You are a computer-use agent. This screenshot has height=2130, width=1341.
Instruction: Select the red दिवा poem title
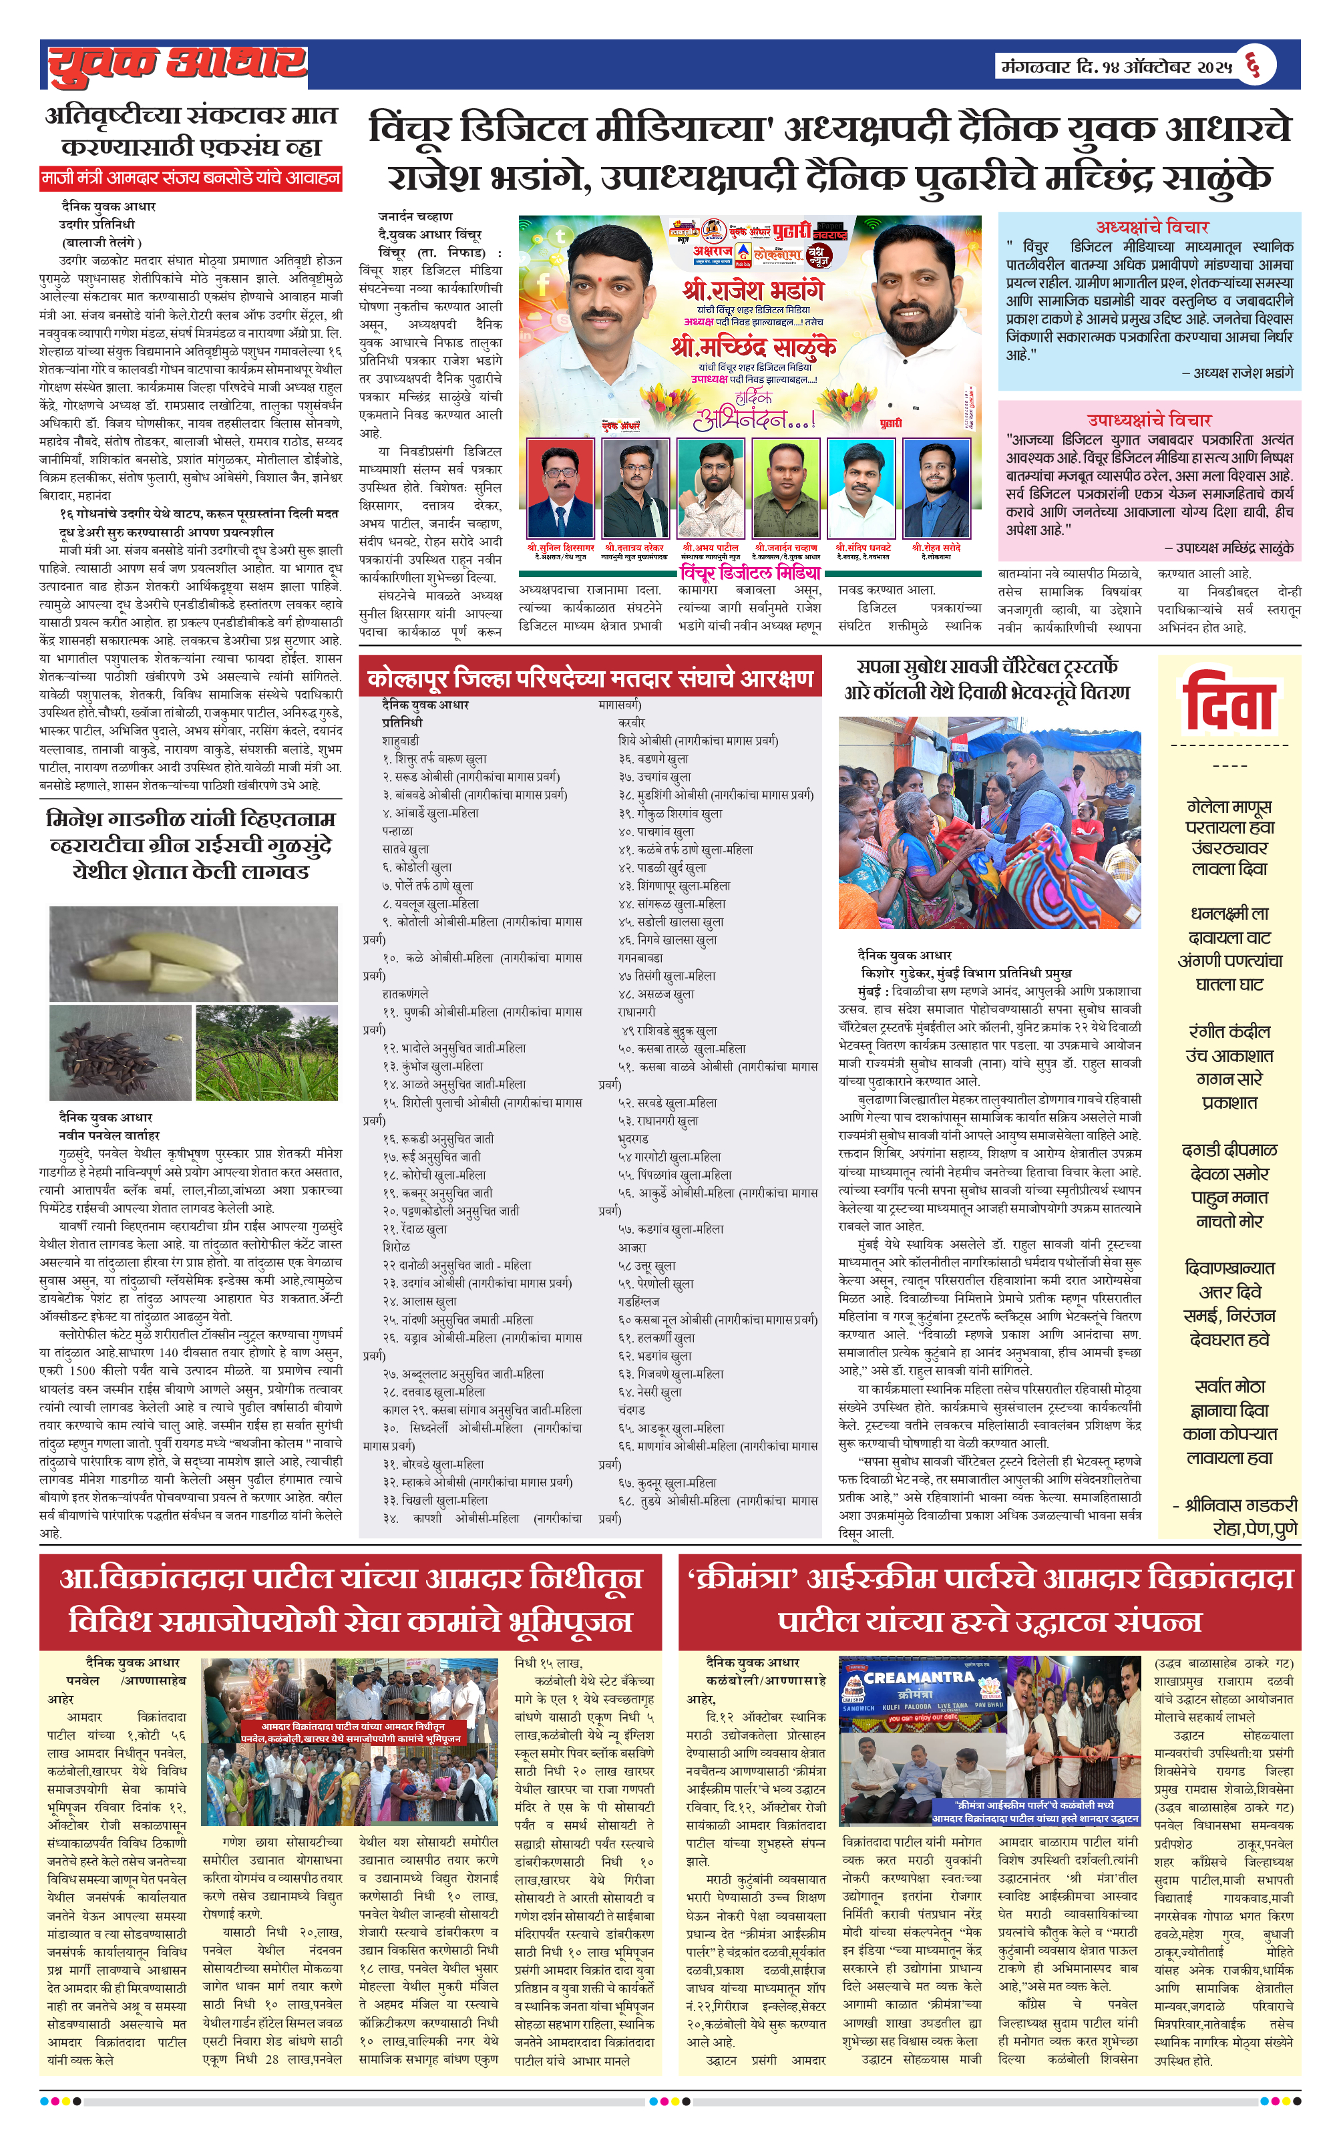[x=1229, y=704]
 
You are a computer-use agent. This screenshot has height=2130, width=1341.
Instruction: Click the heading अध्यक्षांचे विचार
[x=1152, y=226]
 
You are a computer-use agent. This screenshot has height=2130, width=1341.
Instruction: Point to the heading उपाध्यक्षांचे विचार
[x=1149, y=419]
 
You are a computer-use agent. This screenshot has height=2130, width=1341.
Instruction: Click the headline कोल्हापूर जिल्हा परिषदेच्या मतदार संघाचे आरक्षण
[x=590, y=679]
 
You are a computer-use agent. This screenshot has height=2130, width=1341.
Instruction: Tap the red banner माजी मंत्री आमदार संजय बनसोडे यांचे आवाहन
[x=191, y=178]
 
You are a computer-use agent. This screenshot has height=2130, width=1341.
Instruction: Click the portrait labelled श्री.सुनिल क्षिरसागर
[x=559, y=489]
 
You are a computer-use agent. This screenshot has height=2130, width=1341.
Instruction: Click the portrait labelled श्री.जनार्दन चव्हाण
[x=785, y=489]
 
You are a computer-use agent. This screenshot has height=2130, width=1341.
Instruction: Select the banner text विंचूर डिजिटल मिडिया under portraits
[x=749, y=572]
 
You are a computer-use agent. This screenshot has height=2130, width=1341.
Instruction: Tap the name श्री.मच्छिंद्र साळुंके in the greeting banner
[x=753, y=347]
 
